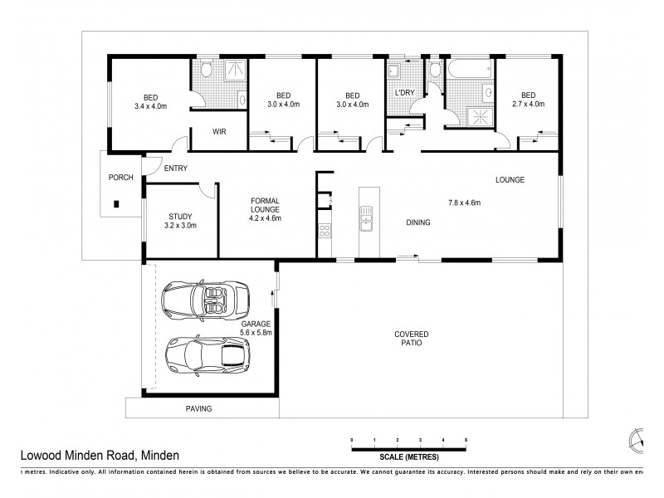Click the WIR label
click(x=219, y=132)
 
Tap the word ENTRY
click(x=175, y=168)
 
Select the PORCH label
click(x=121, y=178)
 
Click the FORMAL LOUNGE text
click(x=266, y=210)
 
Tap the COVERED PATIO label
click(x=412, y=338)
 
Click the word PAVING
click(x=198, y=408)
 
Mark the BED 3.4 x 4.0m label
click(x=150, y=100)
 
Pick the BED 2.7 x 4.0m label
click(x=528, y=100)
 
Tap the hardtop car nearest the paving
click(x=206, y=355)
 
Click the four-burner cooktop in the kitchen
click(x=325, y=232)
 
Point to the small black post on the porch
click(x=116, y=203)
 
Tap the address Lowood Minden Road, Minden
click(x=99, y=455)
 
